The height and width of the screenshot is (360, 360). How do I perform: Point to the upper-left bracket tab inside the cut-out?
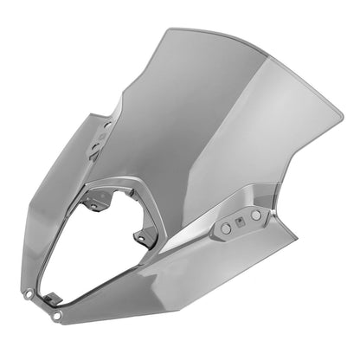(101, 198)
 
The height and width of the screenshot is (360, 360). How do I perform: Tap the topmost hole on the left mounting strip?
(108, 125)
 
